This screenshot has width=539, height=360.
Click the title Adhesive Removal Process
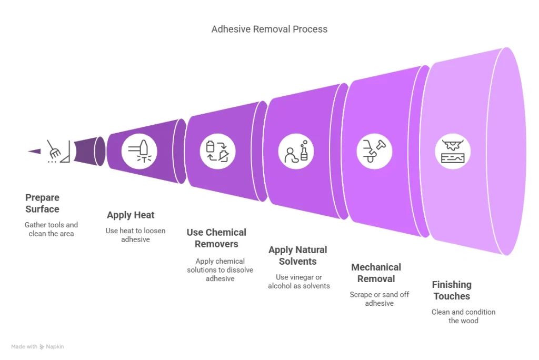[269, 29]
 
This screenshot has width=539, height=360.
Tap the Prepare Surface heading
[42, 203]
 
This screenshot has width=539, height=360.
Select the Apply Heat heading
[131, 215]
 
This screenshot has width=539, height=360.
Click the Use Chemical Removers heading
[216, 238]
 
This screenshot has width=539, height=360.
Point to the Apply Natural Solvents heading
[297, 255]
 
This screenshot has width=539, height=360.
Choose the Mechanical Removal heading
[376, 273]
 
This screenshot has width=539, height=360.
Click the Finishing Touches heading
[452, 290]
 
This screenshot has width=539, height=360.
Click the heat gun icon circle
[139, 152]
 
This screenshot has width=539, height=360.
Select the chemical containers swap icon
[217, 152]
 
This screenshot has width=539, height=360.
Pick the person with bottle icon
[296, 152]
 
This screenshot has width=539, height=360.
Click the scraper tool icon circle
[374, 152]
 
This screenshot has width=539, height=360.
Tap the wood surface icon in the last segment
[453, 152]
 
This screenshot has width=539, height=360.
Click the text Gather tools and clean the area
[51, 229]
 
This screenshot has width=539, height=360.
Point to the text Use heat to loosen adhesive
[135, 235]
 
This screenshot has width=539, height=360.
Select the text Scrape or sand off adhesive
[379, 299]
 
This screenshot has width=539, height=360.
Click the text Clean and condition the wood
[463, 316]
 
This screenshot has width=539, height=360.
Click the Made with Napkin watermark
[37, 347]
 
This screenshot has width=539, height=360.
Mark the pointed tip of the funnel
[29, 152]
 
